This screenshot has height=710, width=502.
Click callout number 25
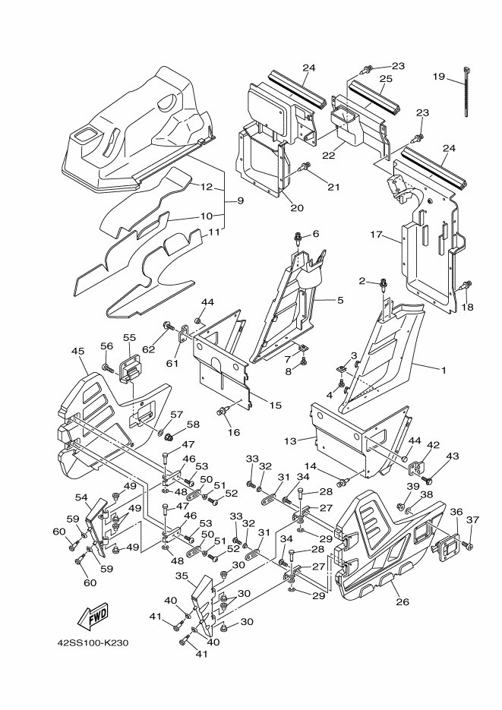385,79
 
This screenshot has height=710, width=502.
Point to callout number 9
239,201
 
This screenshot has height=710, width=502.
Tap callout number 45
77,351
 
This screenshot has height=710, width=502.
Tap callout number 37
472,519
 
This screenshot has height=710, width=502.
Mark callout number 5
340,301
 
